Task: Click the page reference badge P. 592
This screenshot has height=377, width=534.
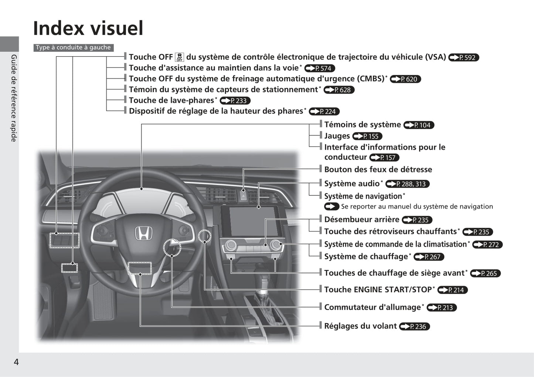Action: click(463, 57)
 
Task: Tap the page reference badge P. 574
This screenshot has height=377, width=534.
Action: click(320, 68)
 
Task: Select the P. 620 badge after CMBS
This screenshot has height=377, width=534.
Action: click(405, 79)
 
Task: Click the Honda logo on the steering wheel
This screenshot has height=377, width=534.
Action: click(143, 233)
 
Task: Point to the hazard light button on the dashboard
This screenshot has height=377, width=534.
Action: click(244, 196)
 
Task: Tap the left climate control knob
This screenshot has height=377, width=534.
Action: click(231, 245)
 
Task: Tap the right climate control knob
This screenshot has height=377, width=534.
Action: click(275, 244)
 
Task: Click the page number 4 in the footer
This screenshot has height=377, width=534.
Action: click(16, 362)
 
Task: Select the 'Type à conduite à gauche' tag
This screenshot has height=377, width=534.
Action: click(74, 47)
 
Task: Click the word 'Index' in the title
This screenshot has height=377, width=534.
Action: click(59, 28)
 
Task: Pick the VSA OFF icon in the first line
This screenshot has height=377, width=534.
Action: click(180, 57)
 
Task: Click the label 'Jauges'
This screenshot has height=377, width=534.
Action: click(337, 136)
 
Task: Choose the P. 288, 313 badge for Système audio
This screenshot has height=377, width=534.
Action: click(407, 184)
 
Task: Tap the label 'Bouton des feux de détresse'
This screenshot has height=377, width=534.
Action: click(378, 169)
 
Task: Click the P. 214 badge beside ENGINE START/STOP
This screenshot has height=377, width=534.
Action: click(452, 290)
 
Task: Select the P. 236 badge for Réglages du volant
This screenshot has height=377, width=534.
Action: click(414, 326)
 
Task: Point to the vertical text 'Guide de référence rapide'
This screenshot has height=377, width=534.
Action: click(14, 98)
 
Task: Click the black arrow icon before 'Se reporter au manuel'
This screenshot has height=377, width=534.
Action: click(331, 206)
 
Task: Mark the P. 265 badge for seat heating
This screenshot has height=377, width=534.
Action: click(485, 273)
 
